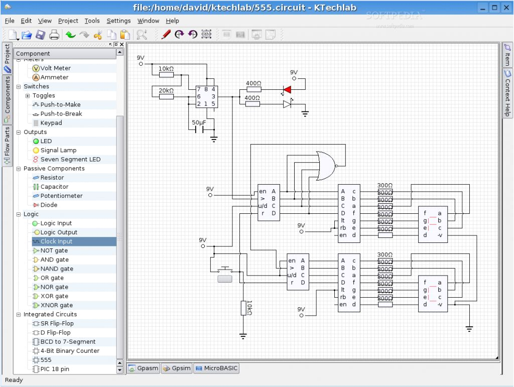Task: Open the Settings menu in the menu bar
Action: tap(118, 21)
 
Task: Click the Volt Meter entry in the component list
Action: tap(55, 68)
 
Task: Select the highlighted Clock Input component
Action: tap(56, 241)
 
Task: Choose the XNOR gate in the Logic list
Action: tap(56, 305)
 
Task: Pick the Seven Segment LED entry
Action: tap(70, 159)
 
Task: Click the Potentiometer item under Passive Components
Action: tap(61, 196)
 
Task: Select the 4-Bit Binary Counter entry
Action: tap(70, 351)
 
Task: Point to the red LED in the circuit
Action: tap(287, 90)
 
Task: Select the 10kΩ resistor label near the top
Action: tap(166, 68)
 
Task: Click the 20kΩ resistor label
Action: tap(166, 90)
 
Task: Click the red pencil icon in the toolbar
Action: tap(166, 35)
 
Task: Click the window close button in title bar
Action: tap(506, 8)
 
